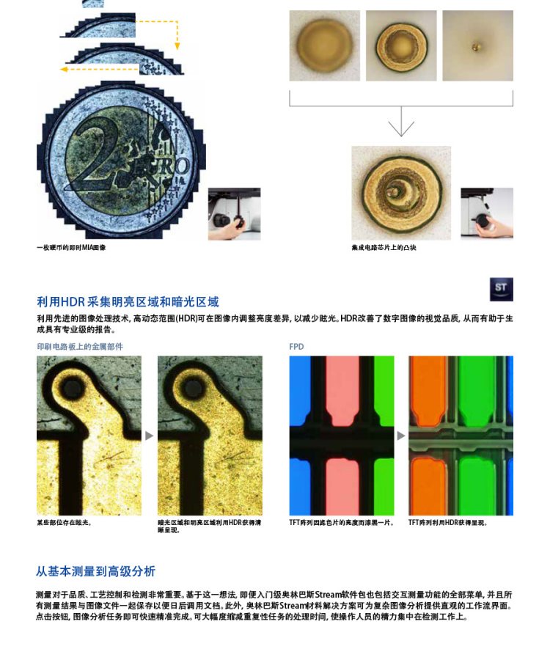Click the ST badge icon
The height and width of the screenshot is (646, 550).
(x=501, y=289)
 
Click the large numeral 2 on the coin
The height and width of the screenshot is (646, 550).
(x=92, y=155)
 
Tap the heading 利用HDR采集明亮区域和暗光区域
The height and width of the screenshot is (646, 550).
(x=128, y=302)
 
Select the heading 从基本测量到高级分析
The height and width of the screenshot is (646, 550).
(x=95, y=571)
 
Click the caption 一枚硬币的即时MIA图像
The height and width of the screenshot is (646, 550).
(x=71, y=248)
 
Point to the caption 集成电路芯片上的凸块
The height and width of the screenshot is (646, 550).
(x=384, y=248)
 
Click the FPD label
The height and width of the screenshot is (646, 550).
(x=296, y=347)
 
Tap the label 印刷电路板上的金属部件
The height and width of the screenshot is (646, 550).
(x=80, y=347)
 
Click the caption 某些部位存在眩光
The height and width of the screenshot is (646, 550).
(x=64, y=523)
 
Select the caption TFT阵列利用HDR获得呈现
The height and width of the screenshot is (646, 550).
(x=448, y=523)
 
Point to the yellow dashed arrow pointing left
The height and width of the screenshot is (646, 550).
(x=100, y=69)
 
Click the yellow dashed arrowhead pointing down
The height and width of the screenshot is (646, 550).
(x=177, y=45)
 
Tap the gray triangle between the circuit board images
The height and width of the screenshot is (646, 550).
(x=149, y=436)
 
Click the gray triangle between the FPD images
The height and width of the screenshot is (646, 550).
(x=401, y=436)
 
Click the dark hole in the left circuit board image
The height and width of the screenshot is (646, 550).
(x=72, y=387)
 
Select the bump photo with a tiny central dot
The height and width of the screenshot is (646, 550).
(x=478, y=45)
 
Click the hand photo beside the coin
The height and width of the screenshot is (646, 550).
(x=235, y=214)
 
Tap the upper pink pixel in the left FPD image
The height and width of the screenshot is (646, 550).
(x=342, y=390)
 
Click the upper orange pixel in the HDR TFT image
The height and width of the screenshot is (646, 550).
(x=428, y=390)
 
